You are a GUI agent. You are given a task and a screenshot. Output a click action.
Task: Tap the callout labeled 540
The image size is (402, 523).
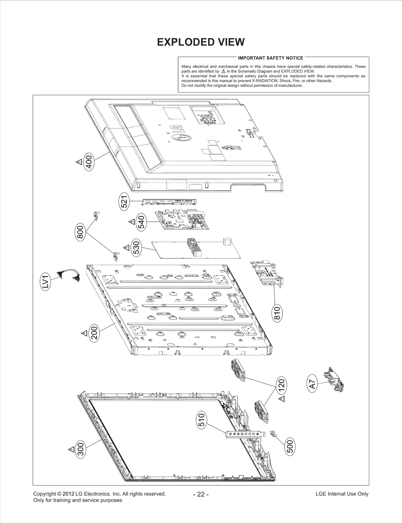(x=141, y=222)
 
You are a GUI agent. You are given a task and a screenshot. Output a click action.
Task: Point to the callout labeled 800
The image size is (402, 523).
(x=80, y=233)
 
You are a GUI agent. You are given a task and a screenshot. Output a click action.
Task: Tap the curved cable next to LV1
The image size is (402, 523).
(x=68, y=274)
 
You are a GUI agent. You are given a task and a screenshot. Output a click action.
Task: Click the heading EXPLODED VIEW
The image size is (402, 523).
(x=200, y=42)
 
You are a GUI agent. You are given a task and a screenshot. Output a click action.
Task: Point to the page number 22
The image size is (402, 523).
(x=201, y=494)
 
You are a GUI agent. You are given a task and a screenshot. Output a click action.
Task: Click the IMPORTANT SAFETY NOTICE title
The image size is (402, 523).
(x=270, y=58)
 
